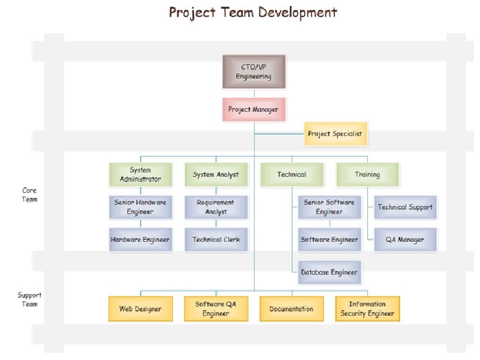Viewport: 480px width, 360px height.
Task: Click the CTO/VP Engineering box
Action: click(x=253, y=72)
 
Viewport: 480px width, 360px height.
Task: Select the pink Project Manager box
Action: click(x=253, y=109)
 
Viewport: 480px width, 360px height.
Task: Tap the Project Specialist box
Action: click(x=335, y=134)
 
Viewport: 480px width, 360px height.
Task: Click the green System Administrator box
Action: click(x=140, y=175)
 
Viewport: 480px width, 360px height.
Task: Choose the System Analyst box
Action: click(x=215, y=175)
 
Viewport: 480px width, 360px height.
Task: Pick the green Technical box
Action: click(x=291, y=175)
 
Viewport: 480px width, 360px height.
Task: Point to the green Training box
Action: click(x=367, y=175)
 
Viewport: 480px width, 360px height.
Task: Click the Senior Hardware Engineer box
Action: click(x=140, y=207)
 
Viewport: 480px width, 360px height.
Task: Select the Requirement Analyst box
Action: click(x=215, y=207)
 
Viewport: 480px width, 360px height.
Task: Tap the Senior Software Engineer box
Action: click(x=329, y=207)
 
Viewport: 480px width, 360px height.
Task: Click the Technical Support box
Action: click(x=405, y=207)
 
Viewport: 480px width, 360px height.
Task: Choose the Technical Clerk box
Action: click(x=215, y=239)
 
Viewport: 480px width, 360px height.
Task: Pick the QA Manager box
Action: click(x=405, y=239)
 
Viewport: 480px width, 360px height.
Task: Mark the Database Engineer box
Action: click(x=329, y=272)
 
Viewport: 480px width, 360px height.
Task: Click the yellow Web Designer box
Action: click(x=140, y=309)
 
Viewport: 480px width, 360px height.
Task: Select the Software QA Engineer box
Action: click(x=215, y=309)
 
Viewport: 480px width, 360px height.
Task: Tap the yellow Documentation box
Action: click(x=291, y=309)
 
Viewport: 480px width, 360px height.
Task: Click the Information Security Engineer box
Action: click(x=367, y=309)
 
